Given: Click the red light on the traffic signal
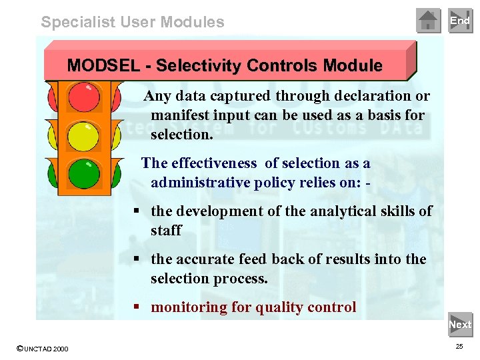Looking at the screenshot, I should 84,97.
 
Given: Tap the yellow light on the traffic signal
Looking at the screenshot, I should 84,136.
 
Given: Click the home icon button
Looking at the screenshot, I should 429,21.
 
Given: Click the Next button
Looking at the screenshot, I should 460,325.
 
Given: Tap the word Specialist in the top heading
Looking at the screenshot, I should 77,22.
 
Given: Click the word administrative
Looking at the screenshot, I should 200,183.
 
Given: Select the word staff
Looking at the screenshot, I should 166,231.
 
